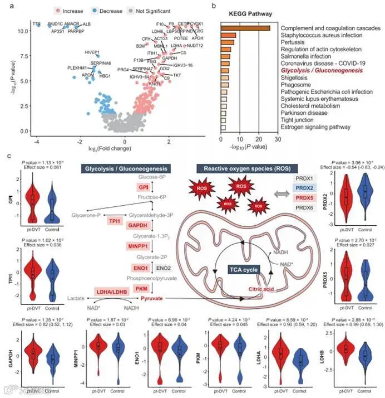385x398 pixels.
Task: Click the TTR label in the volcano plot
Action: pos(37,25)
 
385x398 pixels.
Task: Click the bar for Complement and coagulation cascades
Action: pos(245,28)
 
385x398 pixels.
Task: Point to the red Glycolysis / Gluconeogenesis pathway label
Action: pos(318,70)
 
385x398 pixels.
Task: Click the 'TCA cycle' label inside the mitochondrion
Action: pos(244,270)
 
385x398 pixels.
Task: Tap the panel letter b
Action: pos(215,6)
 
